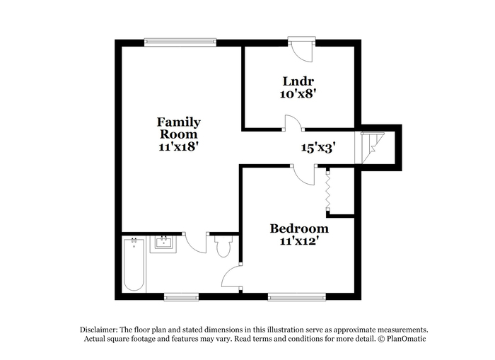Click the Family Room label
[179, 128]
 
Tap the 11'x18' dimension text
[179, 146]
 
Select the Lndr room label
[298, 81]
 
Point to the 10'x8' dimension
[298, 94]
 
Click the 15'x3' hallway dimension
[318, 148]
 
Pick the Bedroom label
[299, 228]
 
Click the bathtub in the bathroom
[134, 265]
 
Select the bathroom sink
[163, 244]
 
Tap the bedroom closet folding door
[328, 191]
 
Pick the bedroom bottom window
[297, 297]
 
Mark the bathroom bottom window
[181, 297]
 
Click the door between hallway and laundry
[293, 123]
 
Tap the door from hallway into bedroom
[303, 175]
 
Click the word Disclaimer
[99, 330]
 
